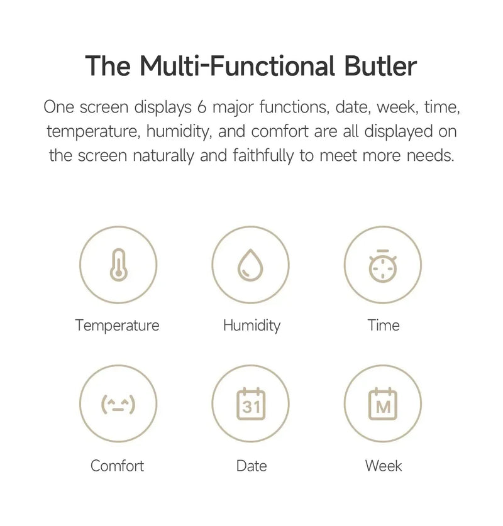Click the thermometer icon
(x=118, y=265)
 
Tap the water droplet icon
(x=250, y=265)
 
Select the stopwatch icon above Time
(x=383, y=266)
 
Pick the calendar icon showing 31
(x=250, y=404)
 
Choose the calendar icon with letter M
(x=383, y=404)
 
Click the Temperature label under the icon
(x=117, y=326)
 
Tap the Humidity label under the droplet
(x=251, y=326)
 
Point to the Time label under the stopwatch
(x=384, y=326)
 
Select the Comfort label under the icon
(x=117, y=466)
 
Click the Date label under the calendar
(x=251, y=466)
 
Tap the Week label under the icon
(x=384, y=466)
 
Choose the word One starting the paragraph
(x=59, y=107)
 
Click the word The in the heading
(x=108, y=65)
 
